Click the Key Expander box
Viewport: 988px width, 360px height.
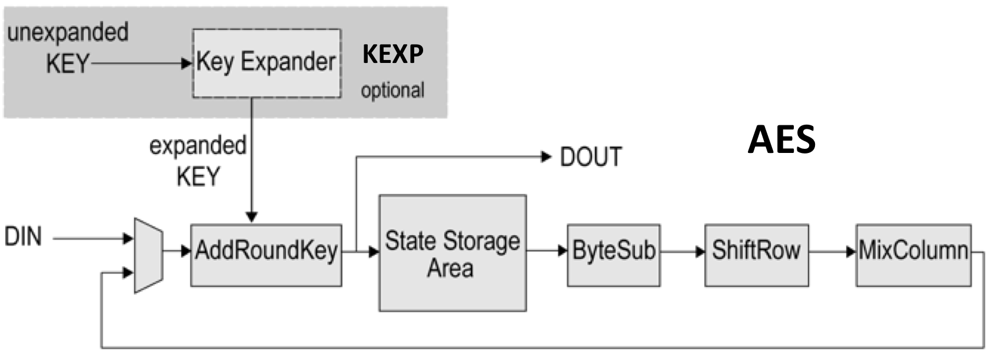(x=267, y=63)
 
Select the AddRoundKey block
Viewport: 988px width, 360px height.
(x=266, y=254)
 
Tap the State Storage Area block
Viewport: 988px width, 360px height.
(x=452, y=253)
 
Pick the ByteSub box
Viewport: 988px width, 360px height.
(x=613, y=254)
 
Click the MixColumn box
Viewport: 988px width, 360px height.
(x=913, y=254)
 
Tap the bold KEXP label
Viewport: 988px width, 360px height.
(x=392, y=55)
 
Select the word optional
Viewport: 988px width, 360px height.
(x=392, y=91)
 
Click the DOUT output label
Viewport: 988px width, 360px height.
(x=590, y=157)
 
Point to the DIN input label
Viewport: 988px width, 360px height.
(x=24, y=238)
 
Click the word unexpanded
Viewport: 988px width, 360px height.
(x=68, y=32)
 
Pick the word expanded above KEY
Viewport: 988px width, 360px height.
(x=198, y=146)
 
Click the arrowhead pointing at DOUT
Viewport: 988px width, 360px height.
(x=547, y=156)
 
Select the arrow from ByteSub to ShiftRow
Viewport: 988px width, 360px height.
(x=682, y=252)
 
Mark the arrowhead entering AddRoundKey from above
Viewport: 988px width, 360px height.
(x=252, y=218)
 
